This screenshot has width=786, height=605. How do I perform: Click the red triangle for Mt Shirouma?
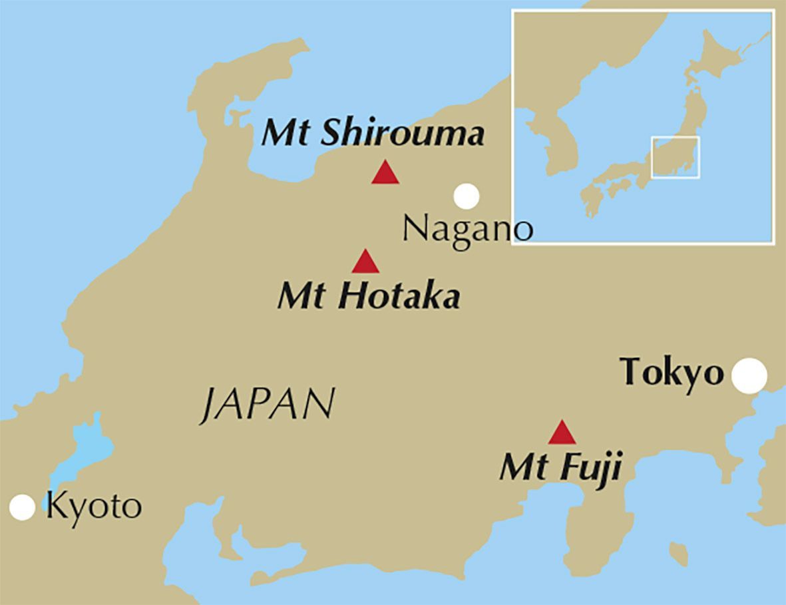(385, 173)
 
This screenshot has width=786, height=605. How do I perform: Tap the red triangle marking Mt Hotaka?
(365, 263)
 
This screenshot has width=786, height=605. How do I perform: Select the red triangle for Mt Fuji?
(562, 433)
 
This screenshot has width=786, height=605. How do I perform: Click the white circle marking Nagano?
(467, 196)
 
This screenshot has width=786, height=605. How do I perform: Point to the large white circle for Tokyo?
(749, 375)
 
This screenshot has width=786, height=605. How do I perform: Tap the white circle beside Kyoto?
(22, 507)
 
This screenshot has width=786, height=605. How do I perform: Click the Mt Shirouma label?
(373, 133)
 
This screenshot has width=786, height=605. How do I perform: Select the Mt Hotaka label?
(369, 296)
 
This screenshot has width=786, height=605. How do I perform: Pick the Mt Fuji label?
(560, 468)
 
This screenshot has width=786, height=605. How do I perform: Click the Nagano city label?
(468, 229)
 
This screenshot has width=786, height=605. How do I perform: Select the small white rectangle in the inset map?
(675, 157)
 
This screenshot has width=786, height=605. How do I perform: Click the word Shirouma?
(403, 133)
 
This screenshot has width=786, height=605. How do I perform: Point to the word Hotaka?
(399, 296)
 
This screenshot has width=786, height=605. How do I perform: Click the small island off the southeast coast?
(678, 553)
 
